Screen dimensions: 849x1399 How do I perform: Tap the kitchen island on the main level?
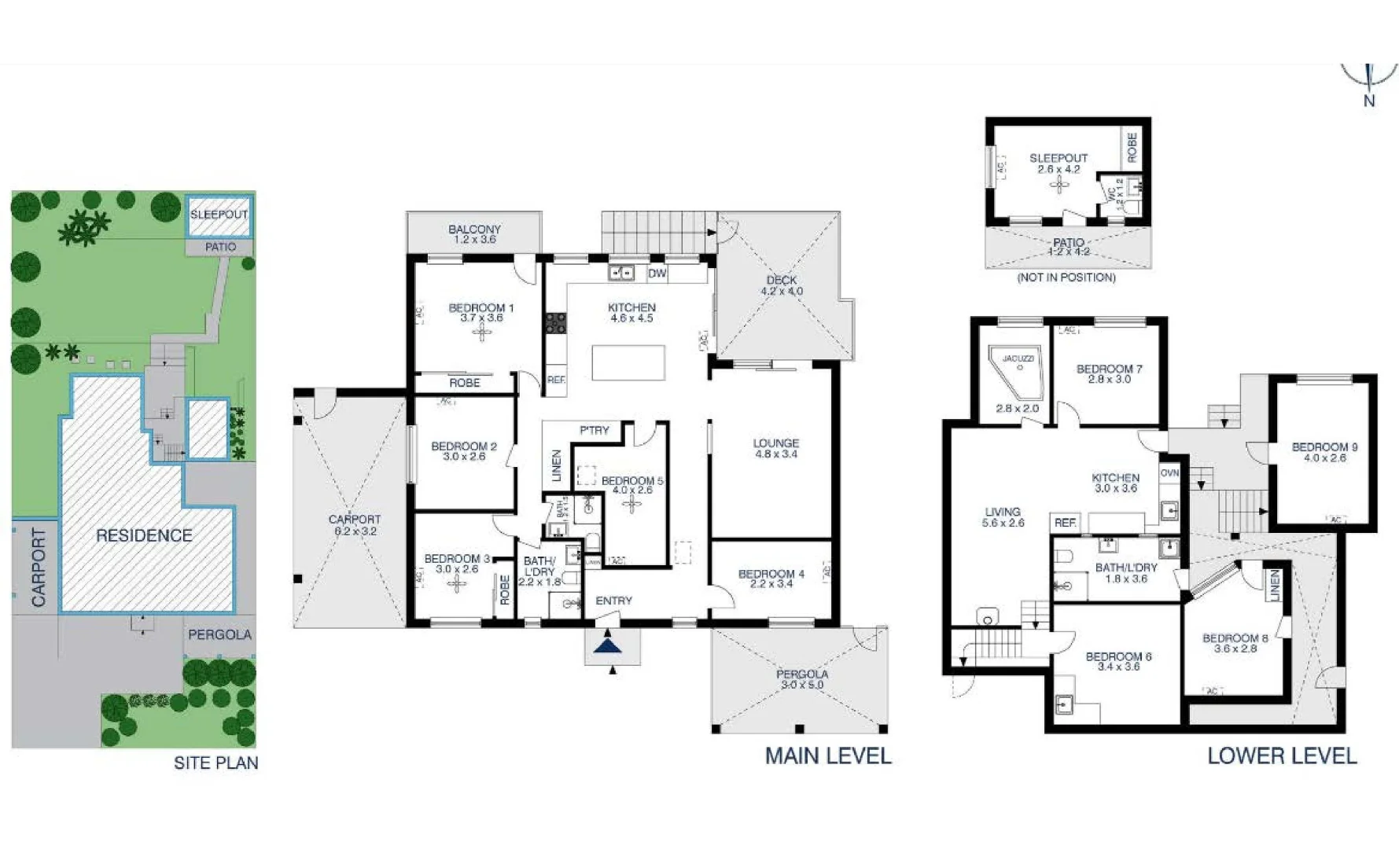[x=628, y=363]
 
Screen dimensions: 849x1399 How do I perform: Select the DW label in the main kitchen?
[x=657, y=274]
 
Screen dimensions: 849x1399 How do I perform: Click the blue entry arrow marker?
[x=608, y=645]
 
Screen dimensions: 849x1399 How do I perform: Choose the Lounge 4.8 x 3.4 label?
[x=776, y=448]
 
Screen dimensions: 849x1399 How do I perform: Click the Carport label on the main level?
[x=355, y=524]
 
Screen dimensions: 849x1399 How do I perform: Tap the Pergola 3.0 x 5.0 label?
[x=802, y=679]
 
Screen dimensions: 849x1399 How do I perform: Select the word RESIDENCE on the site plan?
[x=144, y=535]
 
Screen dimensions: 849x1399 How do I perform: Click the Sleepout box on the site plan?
[x=219, y=215]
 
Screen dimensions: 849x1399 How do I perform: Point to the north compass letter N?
[x=1369, y=101]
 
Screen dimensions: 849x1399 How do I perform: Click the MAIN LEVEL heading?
[x=828, y=755]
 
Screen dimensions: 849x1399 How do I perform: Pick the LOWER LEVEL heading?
[x=1282, y=755]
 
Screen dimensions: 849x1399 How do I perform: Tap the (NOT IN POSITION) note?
[x=1066, y=277]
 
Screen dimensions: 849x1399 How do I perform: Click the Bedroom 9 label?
[x=1324, y=452]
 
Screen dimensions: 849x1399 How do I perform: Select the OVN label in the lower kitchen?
[x=1169, y=473]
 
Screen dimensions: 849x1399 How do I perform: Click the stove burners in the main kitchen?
[x=556, y=323]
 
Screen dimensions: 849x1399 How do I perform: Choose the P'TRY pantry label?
[x=594, y=430]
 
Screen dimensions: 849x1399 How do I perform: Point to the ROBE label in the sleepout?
[x=1132, y=147]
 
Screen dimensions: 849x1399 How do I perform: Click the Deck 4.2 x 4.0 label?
[x=782, y=285]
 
